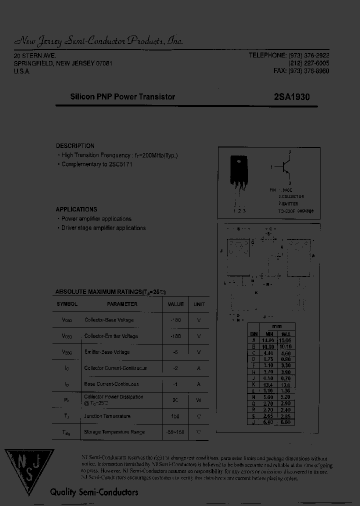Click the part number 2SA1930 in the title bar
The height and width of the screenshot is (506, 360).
click(292, 97)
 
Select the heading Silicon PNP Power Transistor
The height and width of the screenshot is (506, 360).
click(122, 97)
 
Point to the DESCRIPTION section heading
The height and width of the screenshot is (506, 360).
click(75, 146)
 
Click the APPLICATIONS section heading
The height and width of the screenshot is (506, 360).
click(76, 209)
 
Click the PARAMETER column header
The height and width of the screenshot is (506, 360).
click(122, 304)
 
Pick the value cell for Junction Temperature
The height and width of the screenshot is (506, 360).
click(175, 416)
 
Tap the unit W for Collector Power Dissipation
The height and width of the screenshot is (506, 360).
click(199, 400)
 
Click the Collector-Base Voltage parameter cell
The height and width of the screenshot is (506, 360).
click(109, 320)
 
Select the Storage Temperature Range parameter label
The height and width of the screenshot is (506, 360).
click(114, 432)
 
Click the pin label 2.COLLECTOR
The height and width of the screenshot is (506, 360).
click(291, 197)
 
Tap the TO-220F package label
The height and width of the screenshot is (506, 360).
click(295, 211)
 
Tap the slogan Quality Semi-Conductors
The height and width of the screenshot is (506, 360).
click(94, 492)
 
